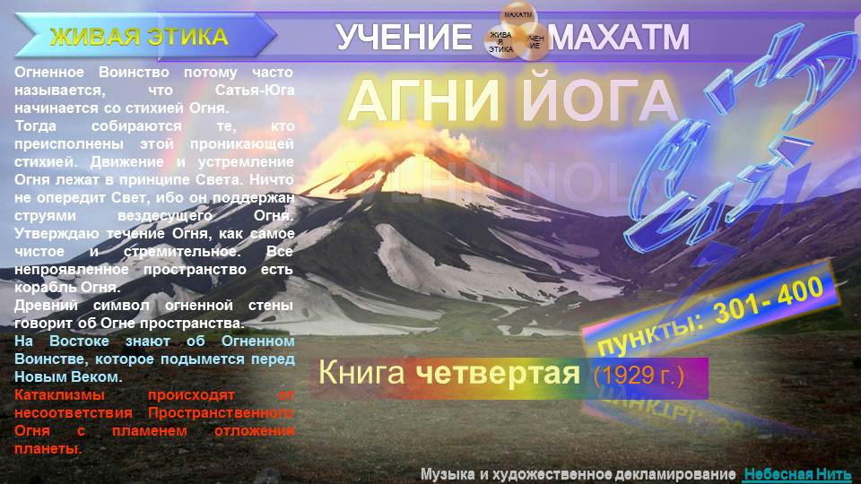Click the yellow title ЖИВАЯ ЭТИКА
(x=139, y=37)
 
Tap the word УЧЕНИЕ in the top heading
(x=404, y=38)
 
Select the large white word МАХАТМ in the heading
(x=619, y=38)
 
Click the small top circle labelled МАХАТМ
(x=517, y=16)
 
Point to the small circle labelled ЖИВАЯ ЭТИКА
(x=500, y=42)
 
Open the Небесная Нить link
(x=796, y=473)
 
